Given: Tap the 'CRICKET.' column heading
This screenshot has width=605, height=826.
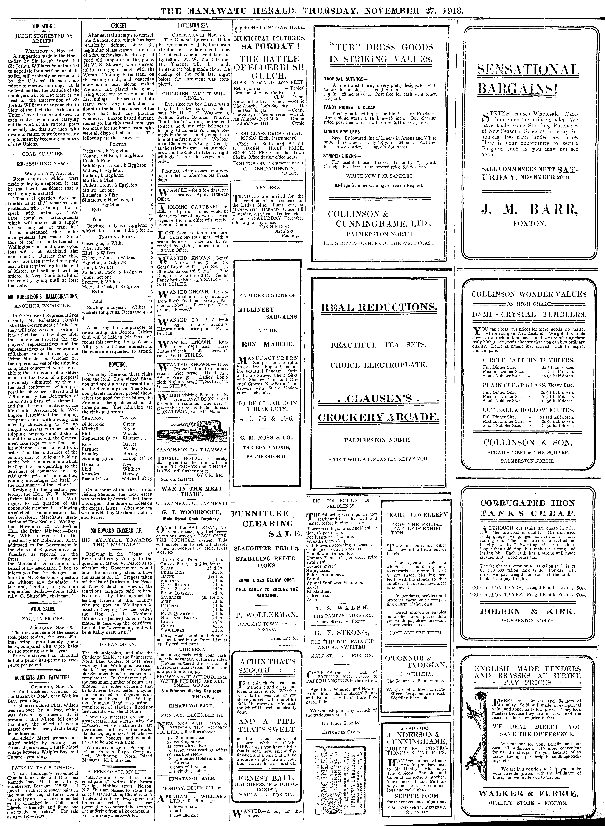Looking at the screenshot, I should pyautogui.click(x=119, y=26).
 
